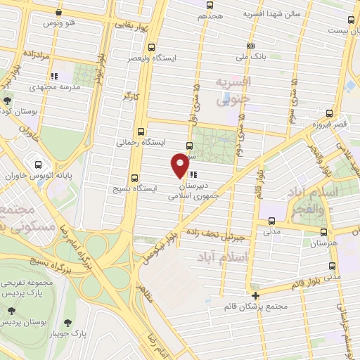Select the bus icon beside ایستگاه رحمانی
point(143,131)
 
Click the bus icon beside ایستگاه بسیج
point(135,179)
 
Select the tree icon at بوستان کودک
point(6,100)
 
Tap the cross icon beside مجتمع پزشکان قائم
point(256,295)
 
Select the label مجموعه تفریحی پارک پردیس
point(30,286)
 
